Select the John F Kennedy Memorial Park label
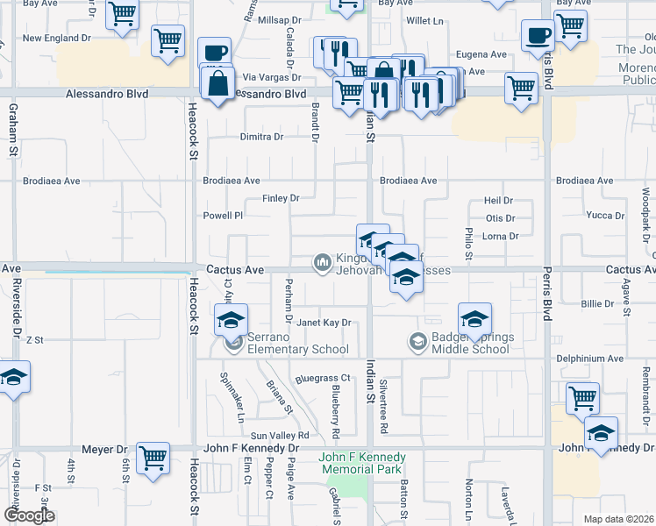point(361,463)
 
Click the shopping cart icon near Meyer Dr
point(153,458)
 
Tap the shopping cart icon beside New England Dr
point(167,39)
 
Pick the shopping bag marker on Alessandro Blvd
point(217,84)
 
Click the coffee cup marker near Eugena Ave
point(537,35)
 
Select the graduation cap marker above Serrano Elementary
point(232,320)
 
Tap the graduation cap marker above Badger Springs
point(474,318)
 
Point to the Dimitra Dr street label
point(262,137)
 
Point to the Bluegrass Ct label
point(323,379)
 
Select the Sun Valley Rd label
point(281,436)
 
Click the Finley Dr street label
point(281,198)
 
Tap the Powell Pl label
point(223,215)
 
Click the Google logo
point(30,515)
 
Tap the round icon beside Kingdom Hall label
point(322,261)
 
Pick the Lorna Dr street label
point(501,236)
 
